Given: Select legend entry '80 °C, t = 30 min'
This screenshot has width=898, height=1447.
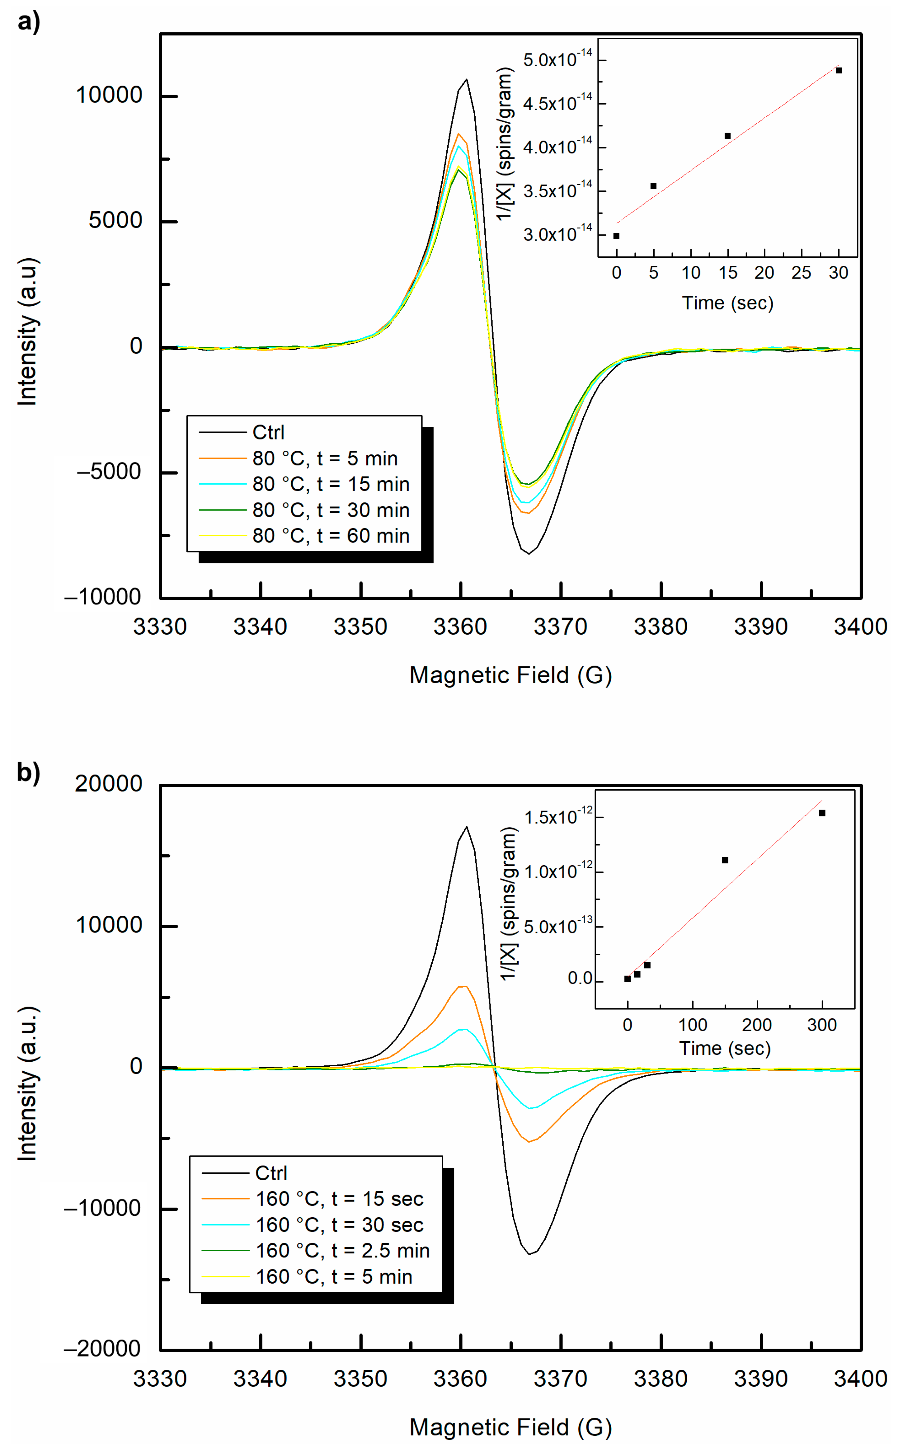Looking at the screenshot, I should click(x=330, y=510).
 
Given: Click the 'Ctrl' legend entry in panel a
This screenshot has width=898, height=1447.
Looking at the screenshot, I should click(x=268, y=432).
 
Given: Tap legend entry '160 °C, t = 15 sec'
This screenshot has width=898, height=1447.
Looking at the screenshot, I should click(x=339, y=1199).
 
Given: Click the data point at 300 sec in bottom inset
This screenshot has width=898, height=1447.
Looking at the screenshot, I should click(x=822, y=813).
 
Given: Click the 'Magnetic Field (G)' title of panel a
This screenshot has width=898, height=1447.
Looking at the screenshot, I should click(x=510, y=675).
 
